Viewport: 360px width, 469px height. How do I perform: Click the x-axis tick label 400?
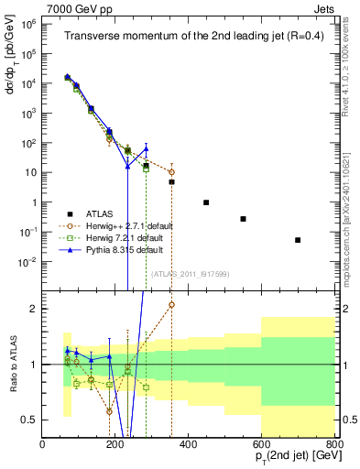(189, 444)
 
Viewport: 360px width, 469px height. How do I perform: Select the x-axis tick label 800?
(333, 444)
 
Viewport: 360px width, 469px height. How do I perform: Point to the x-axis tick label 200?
(115, 444)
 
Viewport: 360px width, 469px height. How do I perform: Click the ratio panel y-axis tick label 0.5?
(30, 420)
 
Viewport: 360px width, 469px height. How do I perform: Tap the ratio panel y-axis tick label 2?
(34, 309)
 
